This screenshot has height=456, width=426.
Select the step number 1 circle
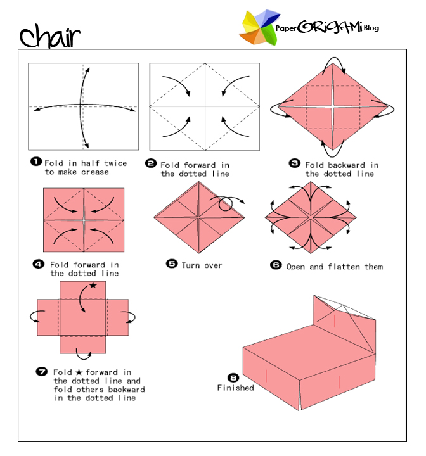pos(35,161)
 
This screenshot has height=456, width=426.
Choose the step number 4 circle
pos(40,263)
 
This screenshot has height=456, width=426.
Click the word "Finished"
pos(235,388)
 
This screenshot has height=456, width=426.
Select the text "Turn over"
pos(202,265)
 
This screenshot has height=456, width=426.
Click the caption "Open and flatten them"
pos(335,267)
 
